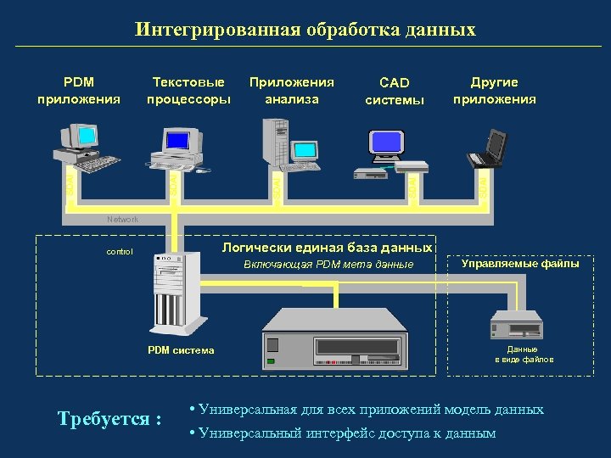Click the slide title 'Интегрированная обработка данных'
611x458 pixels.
tap(305, 30)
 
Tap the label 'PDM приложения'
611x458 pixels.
tap(79, 91)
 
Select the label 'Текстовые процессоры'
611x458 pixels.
tap(188, 91)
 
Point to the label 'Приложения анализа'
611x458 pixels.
tap(291, 91)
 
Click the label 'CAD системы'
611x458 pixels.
tap(394, 92)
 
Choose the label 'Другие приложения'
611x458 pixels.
tap(494, 91)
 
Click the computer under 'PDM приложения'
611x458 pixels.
tap(86, 148)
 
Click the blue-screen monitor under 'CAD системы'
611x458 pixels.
tap(386, 142)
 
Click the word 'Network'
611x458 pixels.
tap(122, 220)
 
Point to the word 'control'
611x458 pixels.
tap(120, 252)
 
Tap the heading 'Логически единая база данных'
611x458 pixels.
tap(327, 248)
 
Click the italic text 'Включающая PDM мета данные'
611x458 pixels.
tap(328, 265)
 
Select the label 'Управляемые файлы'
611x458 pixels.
tap(520, 264)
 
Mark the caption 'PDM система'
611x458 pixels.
tap(181, 350)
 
